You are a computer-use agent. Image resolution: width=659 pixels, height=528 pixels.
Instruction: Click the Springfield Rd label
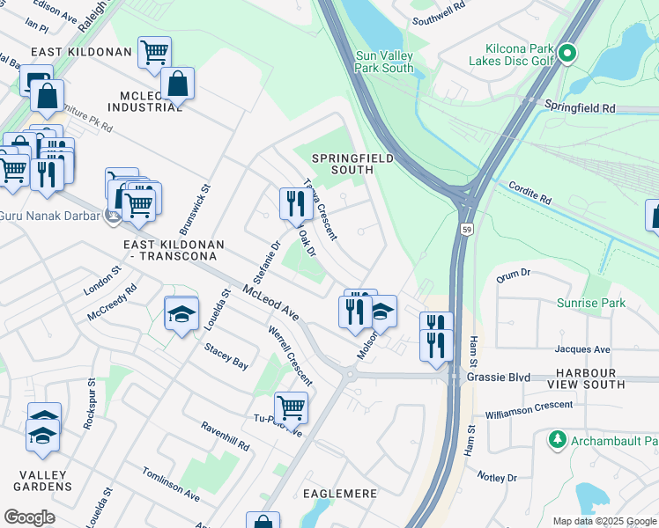pos(580,107)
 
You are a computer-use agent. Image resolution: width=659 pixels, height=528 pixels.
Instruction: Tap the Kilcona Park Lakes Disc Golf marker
pos(568,55)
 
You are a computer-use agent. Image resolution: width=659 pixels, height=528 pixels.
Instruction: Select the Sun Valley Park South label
pos(384,61)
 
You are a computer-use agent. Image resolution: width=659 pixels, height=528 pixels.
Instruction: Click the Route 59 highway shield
pos(466,229)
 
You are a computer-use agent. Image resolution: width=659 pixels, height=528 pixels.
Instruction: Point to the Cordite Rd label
pos(529,194)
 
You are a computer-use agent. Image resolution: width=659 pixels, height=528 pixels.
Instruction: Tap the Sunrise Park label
pos(590,303)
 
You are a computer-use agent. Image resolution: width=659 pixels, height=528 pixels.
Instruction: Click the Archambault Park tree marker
pos(557,438)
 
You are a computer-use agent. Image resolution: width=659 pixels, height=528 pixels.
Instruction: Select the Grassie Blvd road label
pos(499,378)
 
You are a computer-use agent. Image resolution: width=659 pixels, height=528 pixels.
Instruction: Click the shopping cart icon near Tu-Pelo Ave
pos(291,407)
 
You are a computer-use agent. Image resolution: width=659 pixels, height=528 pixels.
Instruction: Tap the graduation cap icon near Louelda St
pos(181,314)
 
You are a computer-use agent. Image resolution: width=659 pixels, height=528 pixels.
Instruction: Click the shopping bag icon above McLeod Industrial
pos(177,84)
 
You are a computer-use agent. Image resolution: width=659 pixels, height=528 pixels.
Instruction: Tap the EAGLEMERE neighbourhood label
pos(340,494)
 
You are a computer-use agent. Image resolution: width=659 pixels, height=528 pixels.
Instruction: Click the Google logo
pos(30,517)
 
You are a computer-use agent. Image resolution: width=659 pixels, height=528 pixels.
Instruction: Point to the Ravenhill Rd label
pos(225,436)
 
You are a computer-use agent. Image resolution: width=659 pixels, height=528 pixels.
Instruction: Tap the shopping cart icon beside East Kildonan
pos(155,51)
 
